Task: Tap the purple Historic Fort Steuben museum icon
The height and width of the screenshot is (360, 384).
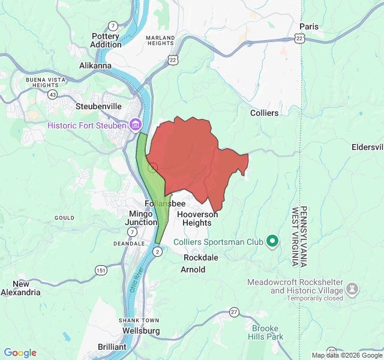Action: [136, 125]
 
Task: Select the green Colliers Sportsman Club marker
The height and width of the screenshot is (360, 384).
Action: [272, 242]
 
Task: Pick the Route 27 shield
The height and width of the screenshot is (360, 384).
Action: [234, 312]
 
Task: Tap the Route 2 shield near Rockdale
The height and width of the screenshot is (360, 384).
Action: [157, 253]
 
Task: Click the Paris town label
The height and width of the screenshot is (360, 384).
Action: [309, 26]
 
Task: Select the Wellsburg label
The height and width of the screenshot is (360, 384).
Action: [140, 331]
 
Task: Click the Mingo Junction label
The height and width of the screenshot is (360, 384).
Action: [141, 218]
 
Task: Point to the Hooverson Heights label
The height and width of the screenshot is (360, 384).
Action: [197, 218]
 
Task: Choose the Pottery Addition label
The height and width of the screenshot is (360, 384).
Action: [106, 40]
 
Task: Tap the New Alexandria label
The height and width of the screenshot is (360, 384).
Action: [21, 288]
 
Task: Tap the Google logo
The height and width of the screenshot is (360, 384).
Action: [20, 353]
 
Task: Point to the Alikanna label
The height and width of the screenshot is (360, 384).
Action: [95, 65]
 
